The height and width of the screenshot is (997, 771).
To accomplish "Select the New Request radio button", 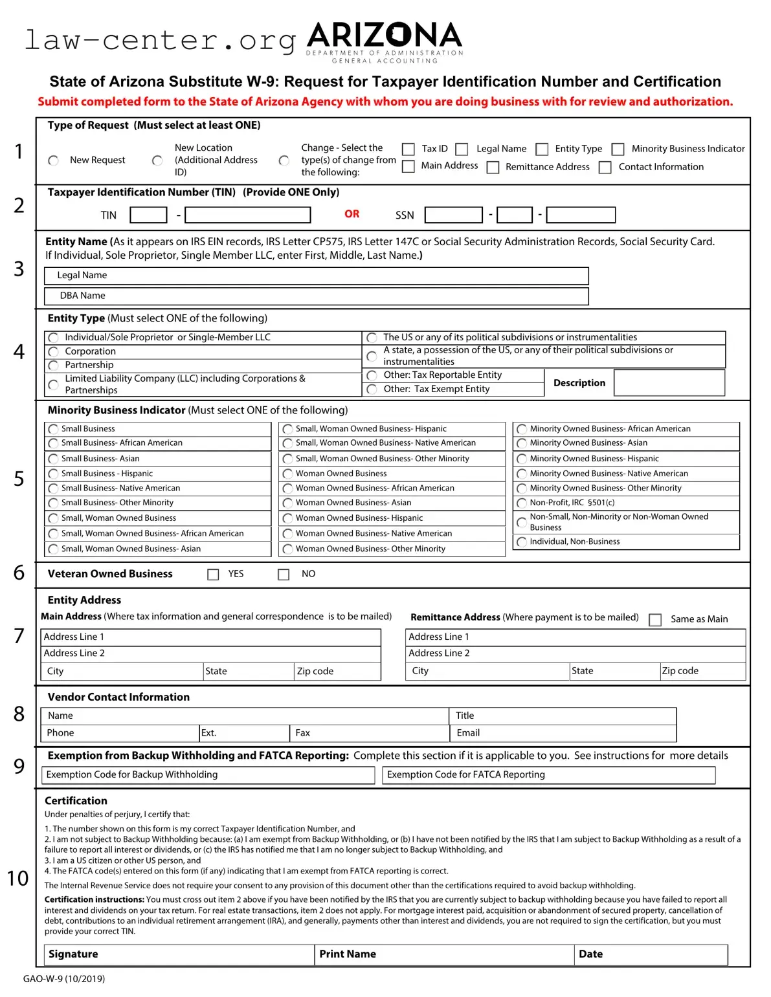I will click(x=54, y=160).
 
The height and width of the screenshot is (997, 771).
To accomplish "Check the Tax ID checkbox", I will click(x=408, y=149).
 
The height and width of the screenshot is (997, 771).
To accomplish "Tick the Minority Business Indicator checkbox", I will click(x=618, y=149).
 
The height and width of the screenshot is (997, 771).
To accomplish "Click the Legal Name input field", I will click(x=316, y=276).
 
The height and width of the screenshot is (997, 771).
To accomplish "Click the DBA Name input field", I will click(x=316, y=296).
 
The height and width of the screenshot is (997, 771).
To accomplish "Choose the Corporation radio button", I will click(x=54, y=351).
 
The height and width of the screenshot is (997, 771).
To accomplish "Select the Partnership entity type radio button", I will click(x=54, y=366).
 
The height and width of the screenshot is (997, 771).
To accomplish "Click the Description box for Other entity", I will click(x=669, y=383).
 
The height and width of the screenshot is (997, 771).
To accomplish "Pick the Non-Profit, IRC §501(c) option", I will click(x=522, y=503).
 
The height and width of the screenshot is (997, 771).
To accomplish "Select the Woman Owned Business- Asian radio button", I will click(x=288, y=503).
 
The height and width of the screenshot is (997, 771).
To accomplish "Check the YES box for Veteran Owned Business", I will click(x=213, y=575).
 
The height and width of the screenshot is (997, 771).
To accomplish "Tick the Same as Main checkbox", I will click(x=655, y=620).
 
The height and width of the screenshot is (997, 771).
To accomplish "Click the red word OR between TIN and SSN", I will click(x=352, y=214).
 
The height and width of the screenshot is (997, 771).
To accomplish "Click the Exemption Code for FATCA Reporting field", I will click(x=549, y=775).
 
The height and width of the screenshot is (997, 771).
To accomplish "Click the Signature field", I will click(x=179, y=954).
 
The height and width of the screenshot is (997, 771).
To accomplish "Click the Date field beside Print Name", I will click(x=651, y=954).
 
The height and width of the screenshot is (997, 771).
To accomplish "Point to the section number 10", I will click(x=18, y=879).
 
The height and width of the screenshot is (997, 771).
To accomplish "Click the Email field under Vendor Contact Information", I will click(x=563, y=733).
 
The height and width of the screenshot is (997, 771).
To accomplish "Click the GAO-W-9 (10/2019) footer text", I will click(x=64, y=979).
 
